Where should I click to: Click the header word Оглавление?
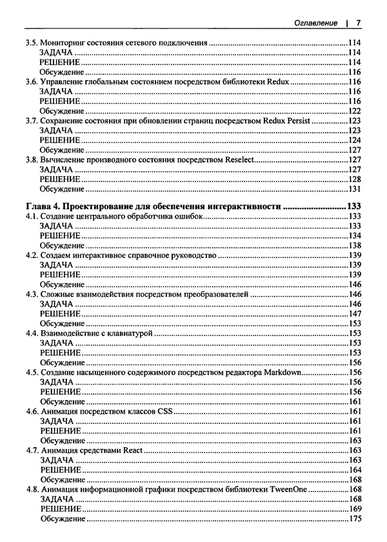click(x=315, y=23)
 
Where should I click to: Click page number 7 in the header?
click(x=358, y=23)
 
